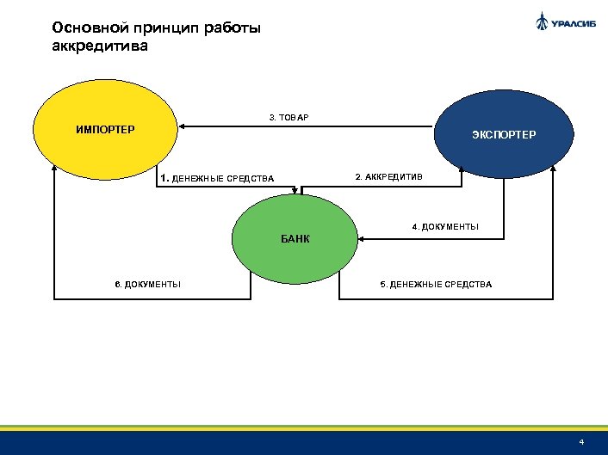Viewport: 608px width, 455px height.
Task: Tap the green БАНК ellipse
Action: coord(295,238)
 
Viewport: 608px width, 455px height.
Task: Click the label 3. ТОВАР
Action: coord(288,116)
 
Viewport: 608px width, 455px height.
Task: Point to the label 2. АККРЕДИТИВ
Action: coord(389,177)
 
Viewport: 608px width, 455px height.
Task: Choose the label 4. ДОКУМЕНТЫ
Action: coord(445,227)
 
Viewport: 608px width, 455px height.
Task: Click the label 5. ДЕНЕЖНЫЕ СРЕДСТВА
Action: coord(437,283)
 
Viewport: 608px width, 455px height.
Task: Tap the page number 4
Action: coord(582,442)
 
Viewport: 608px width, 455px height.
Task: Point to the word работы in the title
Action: coord(230,28)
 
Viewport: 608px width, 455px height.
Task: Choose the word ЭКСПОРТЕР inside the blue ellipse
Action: coord(503,135)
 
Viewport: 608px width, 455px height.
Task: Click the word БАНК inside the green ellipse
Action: coord(295,238)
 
